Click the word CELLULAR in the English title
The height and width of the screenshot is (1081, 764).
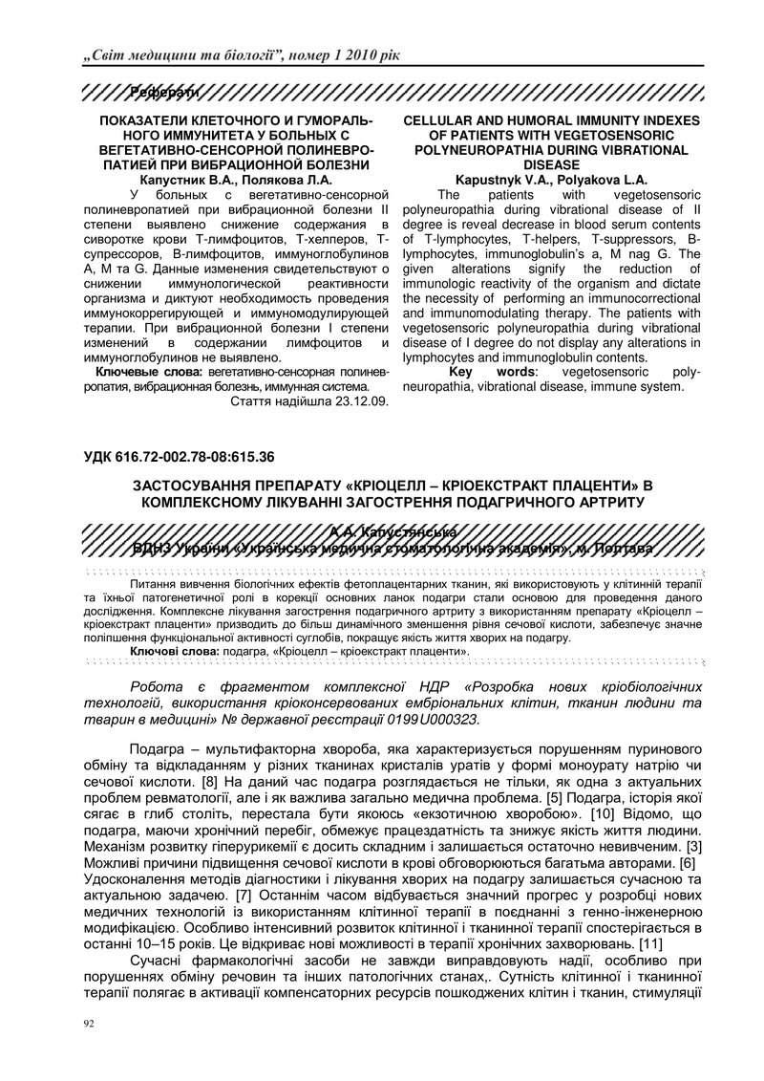447,121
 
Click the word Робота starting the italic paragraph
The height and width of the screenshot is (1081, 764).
157,686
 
